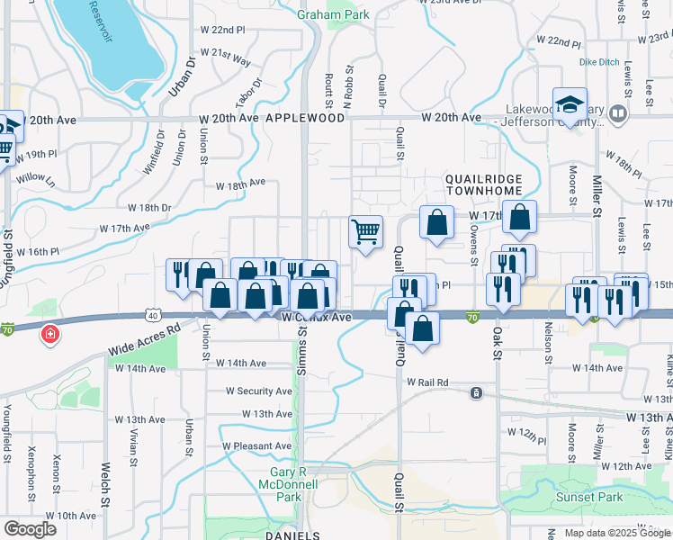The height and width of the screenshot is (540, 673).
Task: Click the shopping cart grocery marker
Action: point(365,232)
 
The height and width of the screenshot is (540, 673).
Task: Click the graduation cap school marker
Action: point(570,104)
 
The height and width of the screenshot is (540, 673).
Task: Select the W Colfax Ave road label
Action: point(317,318)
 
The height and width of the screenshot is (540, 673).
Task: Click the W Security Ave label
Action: point(259,391)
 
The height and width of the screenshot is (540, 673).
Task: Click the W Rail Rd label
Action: point(427,382)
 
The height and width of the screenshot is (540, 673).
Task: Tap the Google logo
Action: point(30,528)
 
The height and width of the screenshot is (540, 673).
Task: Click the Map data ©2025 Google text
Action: point(618,533)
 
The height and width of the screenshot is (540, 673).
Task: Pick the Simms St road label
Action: point(302,346)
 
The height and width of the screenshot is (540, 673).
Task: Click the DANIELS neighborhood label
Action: point(293,535)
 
